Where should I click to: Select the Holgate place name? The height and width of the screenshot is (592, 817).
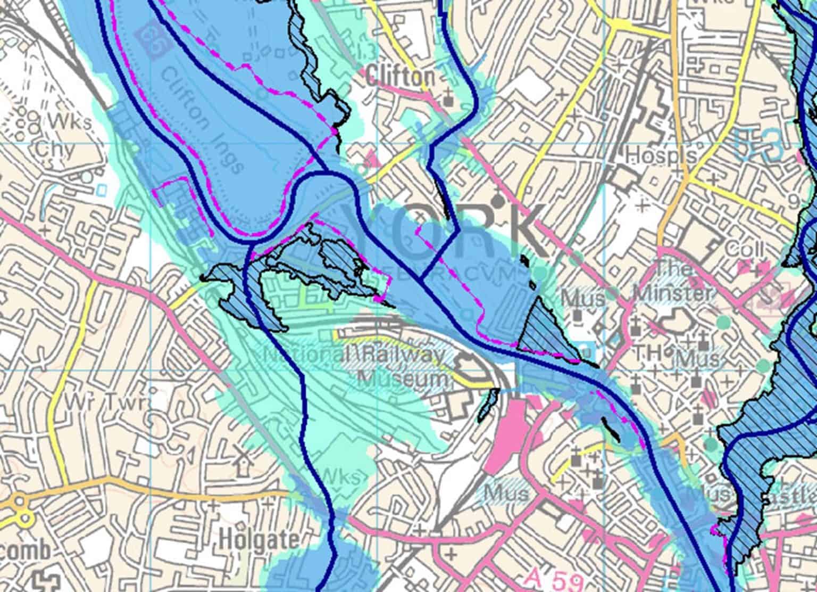(259, 540)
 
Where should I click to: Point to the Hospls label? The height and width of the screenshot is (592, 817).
(661, 155)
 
